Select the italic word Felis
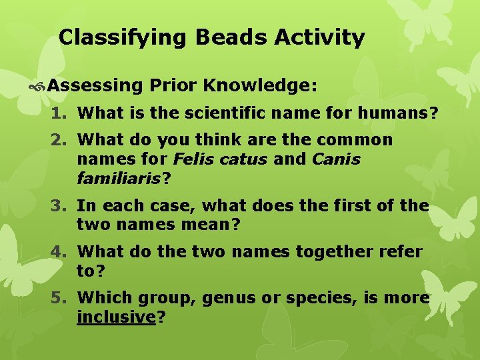pyautogui.click(x=193, y=160)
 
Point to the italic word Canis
pyautogui.click(x=335, y=160)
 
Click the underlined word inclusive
pyautogui.click(x=116, y=317)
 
